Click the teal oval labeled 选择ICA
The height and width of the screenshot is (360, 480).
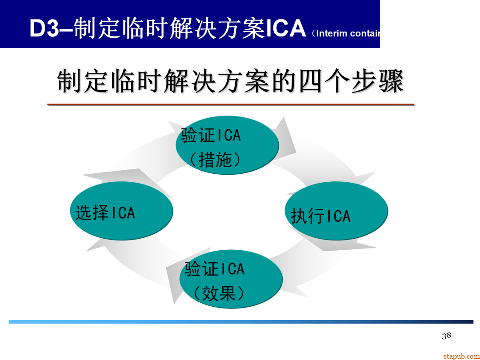tap(121, 211)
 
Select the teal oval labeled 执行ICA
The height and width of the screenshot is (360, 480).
tap(337, 211)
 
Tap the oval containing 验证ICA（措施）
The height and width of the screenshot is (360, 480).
tap(227, 145)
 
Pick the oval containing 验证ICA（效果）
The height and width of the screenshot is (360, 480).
tap(231, 279)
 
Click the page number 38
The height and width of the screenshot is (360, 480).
tap(446, 336)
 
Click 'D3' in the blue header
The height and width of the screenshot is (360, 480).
tap(44, 28)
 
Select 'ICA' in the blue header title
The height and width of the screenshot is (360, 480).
tap(286, 28)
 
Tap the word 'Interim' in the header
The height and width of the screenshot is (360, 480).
tap(332, 33)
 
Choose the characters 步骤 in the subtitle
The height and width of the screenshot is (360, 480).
tap(377, 82)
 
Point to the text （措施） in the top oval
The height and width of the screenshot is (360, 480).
tap(215, 160)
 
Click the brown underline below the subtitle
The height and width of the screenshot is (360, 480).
tap(231, 105)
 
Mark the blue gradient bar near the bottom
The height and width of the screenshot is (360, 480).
tap(240, 322)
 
